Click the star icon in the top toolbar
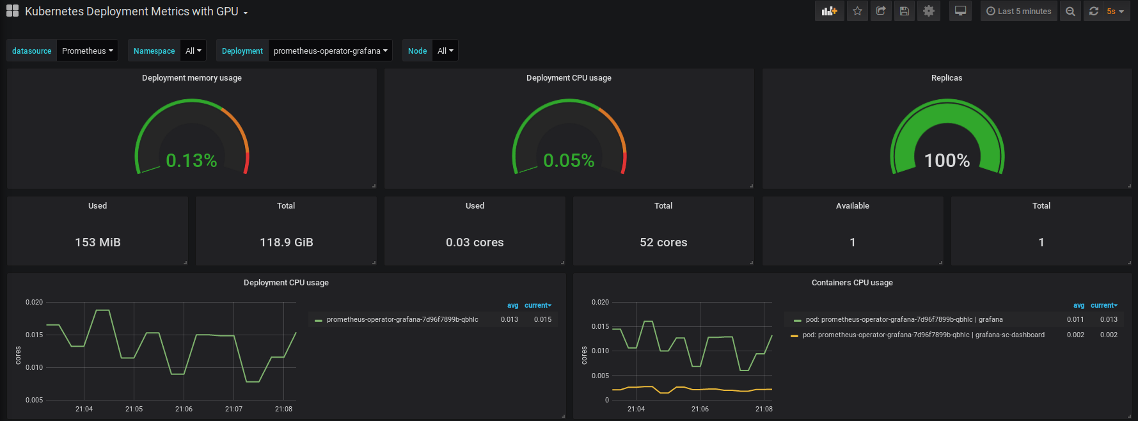pyautogui.click(x=857, y=11)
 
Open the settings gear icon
pyautogui.click(x=929, y=11)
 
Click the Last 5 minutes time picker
pyautogui.click(x=1019, y=11)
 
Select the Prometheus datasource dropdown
pyautogui.click(x=88, y=51)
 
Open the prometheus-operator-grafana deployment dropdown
pyautogui.click(x=331, y=51)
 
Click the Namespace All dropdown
pyautogui.click(x=193, y=51)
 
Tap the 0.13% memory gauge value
pyautogui.click(x=191, y=161)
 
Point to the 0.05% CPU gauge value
pyautogui.click(x=569, y=161)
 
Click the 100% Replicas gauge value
pyautogui.click(x=947, y=161)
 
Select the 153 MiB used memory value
pyautogui.click(x=98, y=242)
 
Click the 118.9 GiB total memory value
pyautogui.click(x=287, y=242)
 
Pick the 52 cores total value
pyautogui.click(x=663, y=242)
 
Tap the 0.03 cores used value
pyautogui.click(x=475, y=242)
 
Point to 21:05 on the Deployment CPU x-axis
pyautogui.click(x=134, y=409)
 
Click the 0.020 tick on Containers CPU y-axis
pyautogui.click(x=600, y=302)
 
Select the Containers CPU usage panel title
pyautogui.click(x=852, y=283)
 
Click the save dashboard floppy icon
pyautogui.click(x=904, y=11)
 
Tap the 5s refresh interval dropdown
pyautogui.click(x=1116, y=11)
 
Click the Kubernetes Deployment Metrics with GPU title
pyautogui.click(x=132, y=12)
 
